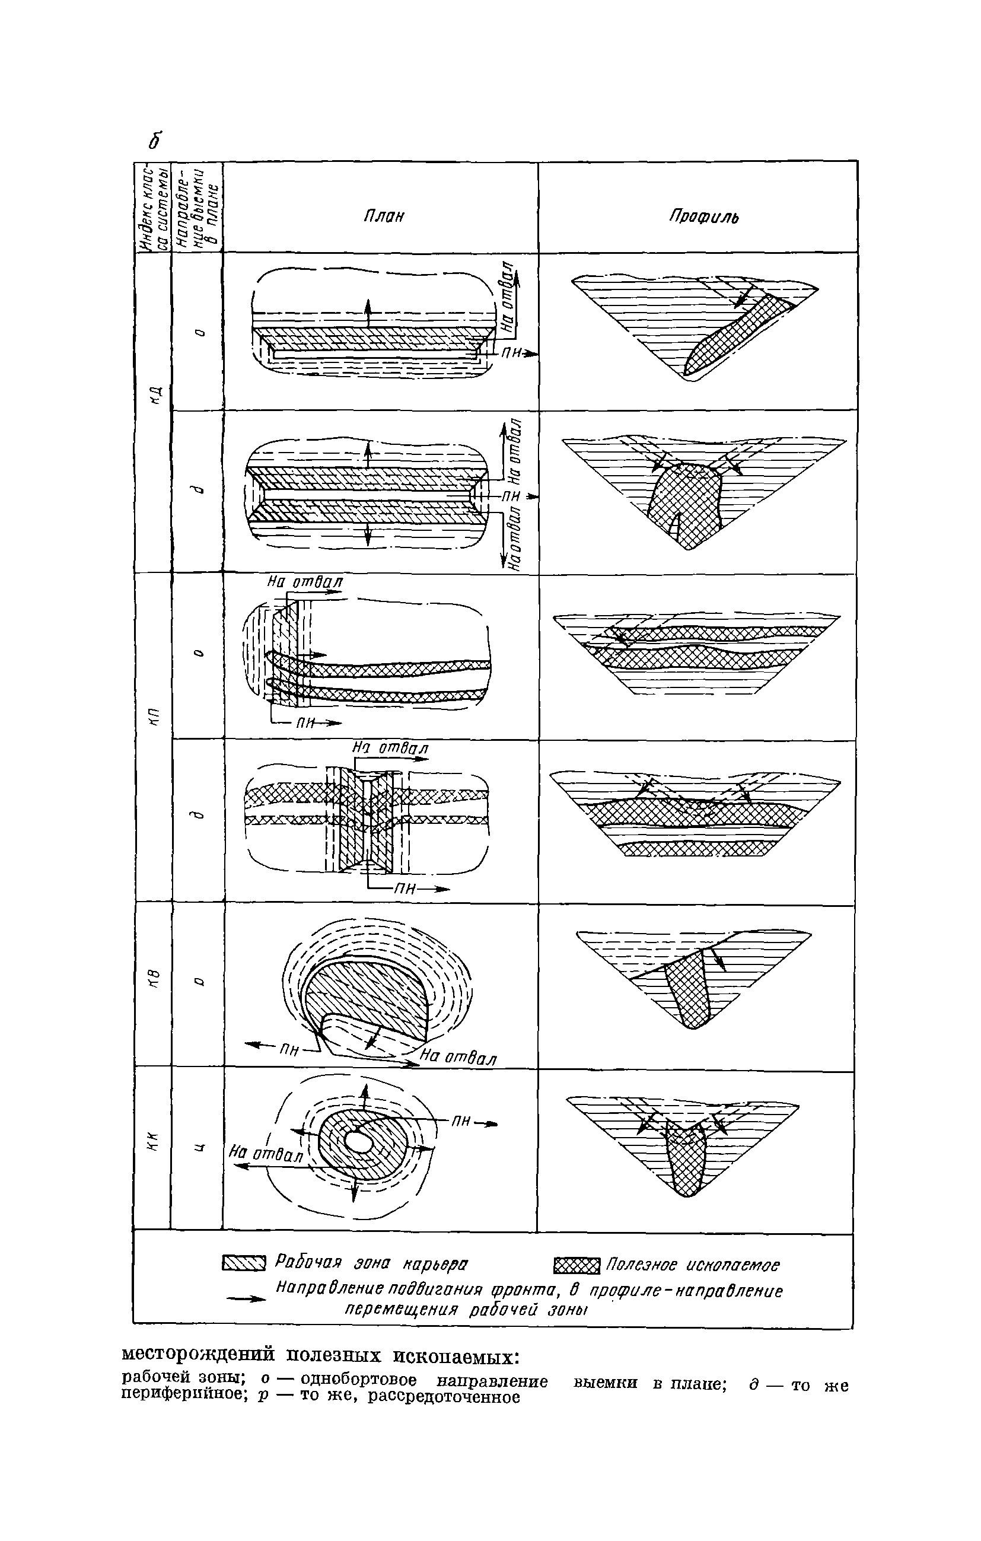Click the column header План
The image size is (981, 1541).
[384, 216]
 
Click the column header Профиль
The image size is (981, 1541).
[704, 217]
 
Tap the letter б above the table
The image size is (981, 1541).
[155, 140]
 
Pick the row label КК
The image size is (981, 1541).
[152, 1142]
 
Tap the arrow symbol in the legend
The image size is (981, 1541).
[246, 1300]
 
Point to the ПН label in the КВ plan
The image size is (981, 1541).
[289, 1049]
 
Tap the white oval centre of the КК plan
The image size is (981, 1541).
[358, 1143]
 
